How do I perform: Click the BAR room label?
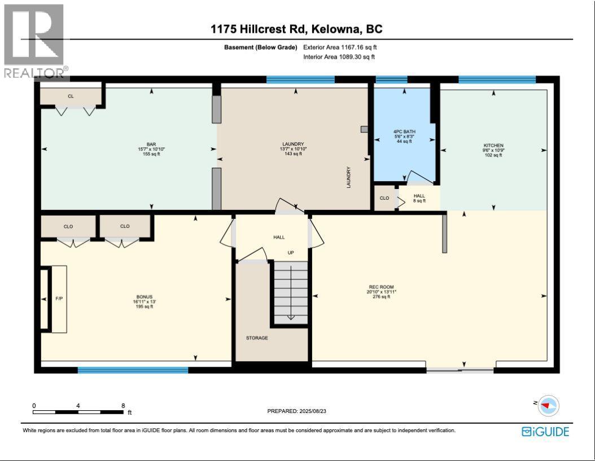tap(151, 144)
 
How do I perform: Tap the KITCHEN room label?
tap(493, 146)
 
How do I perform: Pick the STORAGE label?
tap(257, 338)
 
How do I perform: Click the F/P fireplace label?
tap(58, 297)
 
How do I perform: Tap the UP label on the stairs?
tap(291, 252)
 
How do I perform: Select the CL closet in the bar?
tap(71, 96)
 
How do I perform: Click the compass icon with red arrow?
tap(547, 405)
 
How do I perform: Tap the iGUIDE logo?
tap(545, 432)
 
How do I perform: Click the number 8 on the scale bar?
tap(123, 406)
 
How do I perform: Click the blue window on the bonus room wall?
tap(133, 370)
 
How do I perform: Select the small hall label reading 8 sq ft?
tap(419, 200)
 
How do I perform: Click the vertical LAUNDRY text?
tap(349, 177)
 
